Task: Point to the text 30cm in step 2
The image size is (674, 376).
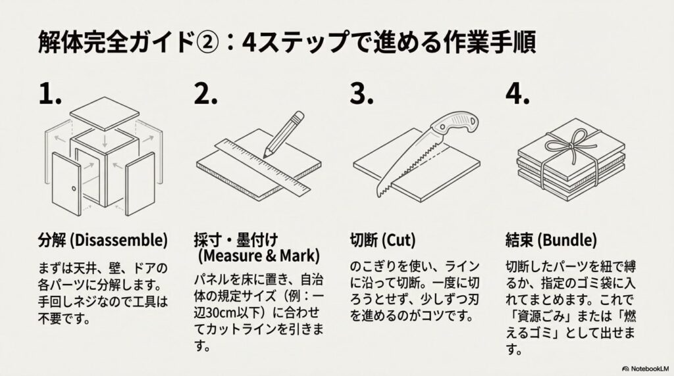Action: [x=227, y=310]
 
